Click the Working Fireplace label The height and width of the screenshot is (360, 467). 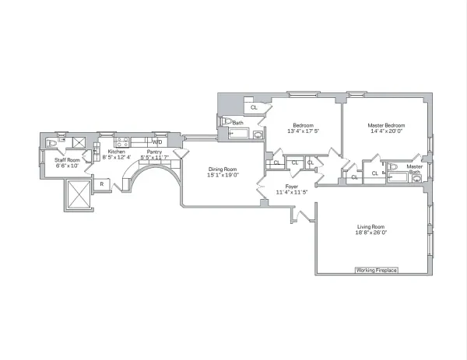click(377, 270)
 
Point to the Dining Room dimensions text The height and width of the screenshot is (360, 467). click(222, 176)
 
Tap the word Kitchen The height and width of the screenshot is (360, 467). click(116, 152)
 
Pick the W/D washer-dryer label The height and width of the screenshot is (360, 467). click(157, 142)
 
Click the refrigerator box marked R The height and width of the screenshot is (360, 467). click(102, 183)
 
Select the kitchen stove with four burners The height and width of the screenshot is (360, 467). click(121, 142)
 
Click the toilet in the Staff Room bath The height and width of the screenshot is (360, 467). click(51, 143)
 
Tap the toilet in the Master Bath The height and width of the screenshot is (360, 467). click(392, 167)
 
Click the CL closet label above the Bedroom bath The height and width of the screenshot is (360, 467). click(254, 107)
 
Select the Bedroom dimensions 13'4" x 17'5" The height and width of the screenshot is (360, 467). click(303, 131)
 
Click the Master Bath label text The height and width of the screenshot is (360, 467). click(415, 168)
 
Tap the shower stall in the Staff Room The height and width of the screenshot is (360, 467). click(78, 142)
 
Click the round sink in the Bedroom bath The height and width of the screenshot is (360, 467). click(227, 122)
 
